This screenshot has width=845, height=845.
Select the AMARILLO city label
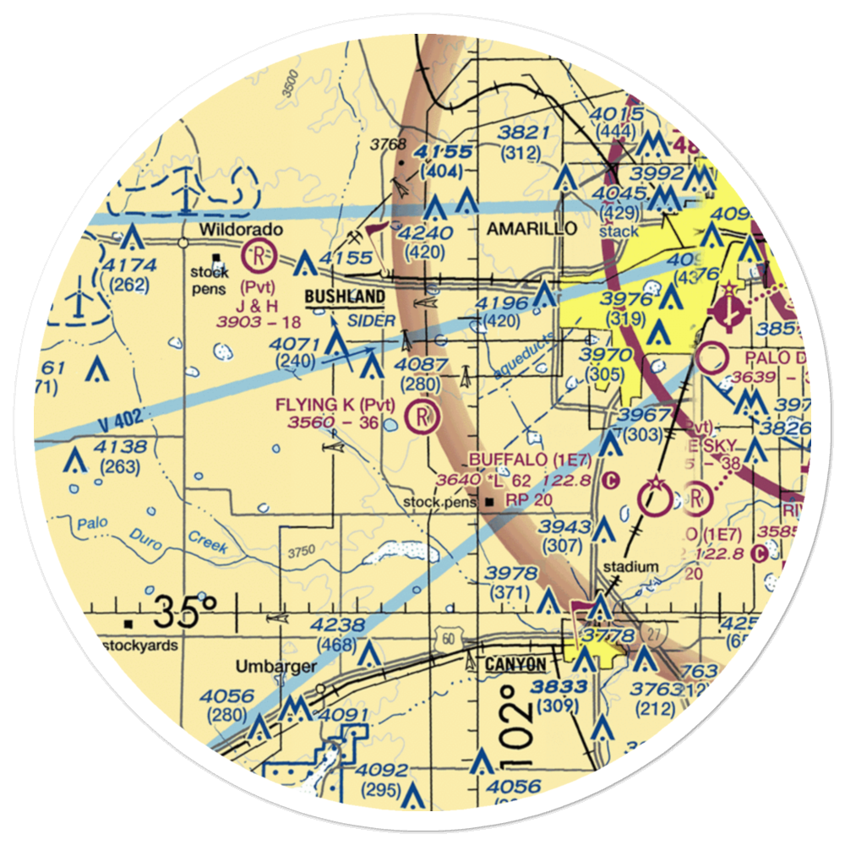(532, 229)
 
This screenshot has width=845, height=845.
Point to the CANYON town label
(515, 665)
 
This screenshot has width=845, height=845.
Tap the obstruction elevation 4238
(338, 626)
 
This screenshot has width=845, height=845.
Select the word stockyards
(140, 646)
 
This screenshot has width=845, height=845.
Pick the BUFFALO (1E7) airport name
(522, 459)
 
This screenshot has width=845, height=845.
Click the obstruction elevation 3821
(524, 133)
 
